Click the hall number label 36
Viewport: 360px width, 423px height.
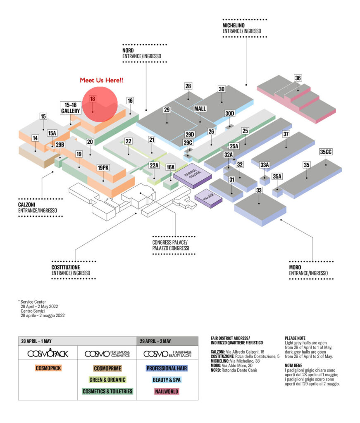point(298,78)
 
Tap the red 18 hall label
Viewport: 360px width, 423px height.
point(92,99)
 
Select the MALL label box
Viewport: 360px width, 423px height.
point(200,109)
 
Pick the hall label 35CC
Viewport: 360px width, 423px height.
point(326,152)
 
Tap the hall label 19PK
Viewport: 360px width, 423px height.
point(103,168)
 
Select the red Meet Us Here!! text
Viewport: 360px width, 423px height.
point(101,80)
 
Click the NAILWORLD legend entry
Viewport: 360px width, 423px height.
point(167,391)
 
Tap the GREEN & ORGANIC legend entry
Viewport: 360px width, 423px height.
point(107,380)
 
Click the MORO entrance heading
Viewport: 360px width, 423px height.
point(295,267)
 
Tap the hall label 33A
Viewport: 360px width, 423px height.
point(265,165)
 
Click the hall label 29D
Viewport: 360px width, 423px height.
point(190,135)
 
